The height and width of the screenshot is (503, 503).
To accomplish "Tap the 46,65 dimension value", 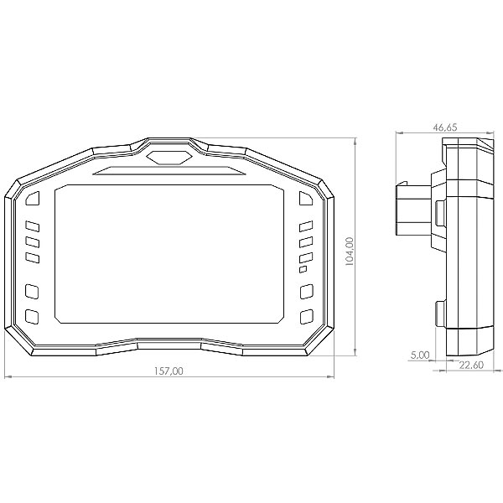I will click(x=444, y=127).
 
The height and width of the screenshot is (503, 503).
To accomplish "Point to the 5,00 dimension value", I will click(x=420, y=355).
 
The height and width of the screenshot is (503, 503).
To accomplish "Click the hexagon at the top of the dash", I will click(x=169, y=155).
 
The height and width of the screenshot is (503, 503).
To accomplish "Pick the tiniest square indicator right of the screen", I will click(x=303, y=270).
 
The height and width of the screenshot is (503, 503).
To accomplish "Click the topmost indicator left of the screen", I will click(x=33, y=198).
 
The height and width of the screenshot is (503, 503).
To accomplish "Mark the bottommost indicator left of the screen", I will click(x=33, y=316).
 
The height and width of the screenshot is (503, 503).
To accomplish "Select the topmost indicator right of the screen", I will click(x=306, y=198).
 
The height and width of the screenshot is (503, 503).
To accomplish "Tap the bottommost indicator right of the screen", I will click(x=306, y=316).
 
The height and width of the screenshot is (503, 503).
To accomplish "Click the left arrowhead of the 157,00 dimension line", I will click(x=8, y=377).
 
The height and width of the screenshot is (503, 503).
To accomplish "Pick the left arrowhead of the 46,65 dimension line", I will click(x=397, y=133).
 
